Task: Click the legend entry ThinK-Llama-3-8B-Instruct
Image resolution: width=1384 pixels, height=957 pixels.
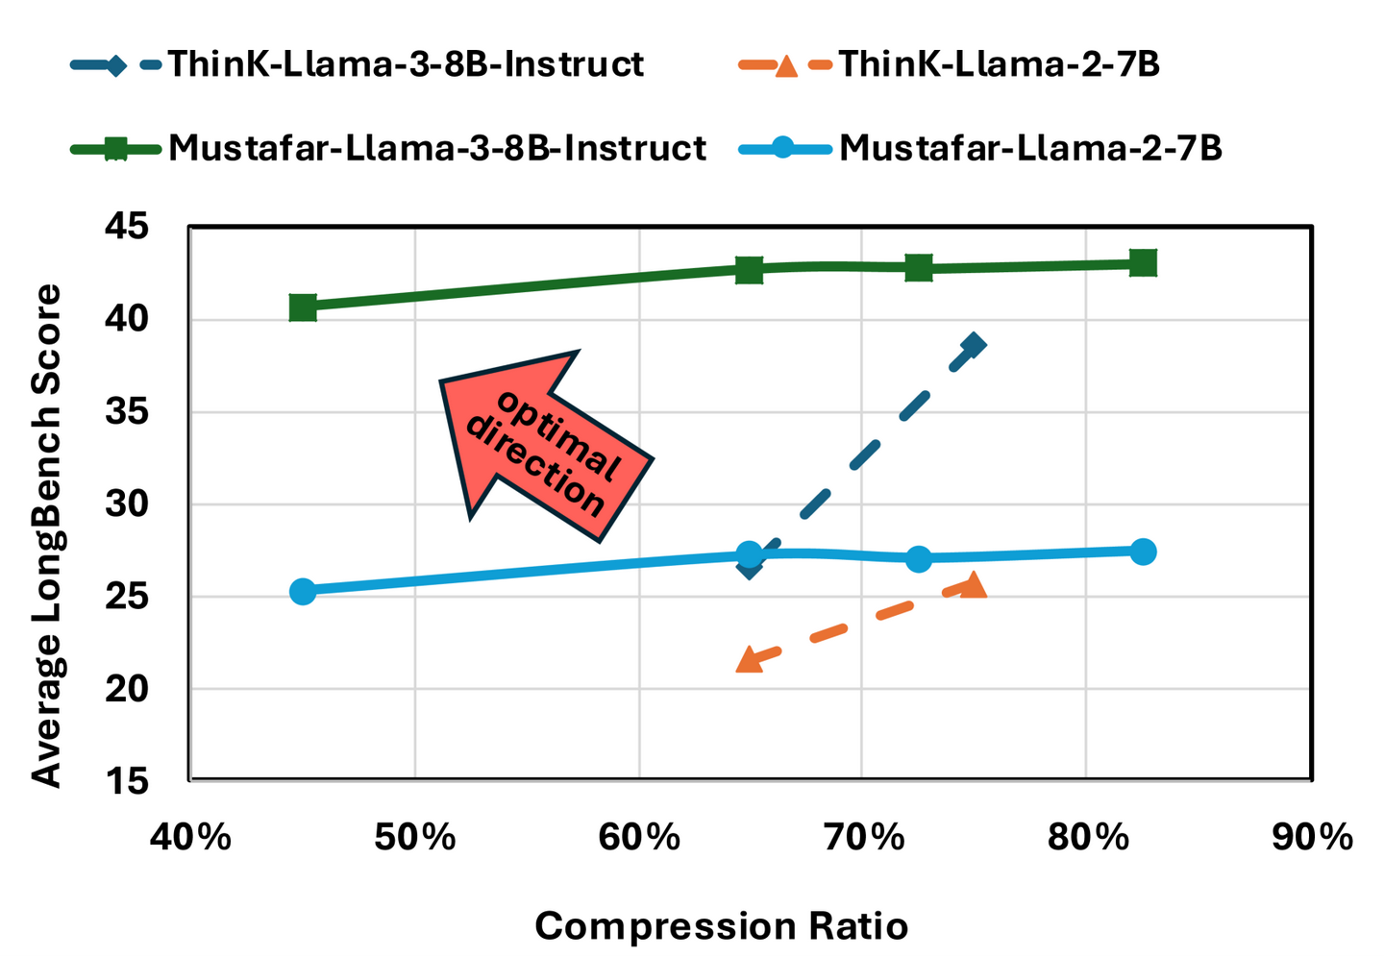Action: [x=405, y=64]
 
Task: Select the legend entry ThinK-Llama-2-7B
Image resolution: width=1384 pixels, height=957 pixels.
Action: [x=999, y=64]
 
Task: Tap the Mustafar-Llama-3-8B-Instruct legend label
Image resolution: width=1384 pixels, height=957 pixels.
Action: [x=436, y=148]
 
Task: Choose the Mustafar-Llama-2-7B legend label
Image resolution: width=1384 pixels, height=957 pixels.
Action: [x=1030, y=148]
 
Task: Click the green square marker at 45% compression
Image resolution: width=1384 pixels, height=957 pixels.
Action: [x=303, y=307]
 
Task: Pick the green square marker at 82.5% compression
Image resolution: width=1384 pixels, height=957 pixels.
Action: [x=1143, y=262]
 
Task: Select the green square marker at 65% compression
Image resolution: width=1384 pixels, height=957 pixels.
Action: [x=750, y=270]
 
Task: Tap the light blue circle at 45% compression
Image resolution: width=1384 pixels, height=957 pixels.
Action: [x=303, y=591]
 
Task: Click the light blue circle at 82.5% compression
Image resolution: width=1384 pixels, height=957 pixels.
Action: [x=1143, y=552]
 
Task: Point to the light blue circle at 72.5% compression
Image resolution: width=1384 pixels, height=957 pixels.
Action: [x=919, y=558]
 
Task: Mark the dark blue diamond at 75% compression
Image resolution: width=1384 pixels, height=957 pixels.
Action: [x=974, y=346]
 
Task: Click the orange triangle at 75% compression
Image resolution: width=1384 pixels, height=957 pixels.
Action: [x=974, y=585]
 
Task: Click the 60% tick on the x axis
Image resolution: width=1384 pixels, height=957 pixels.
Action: [x=639, y=837]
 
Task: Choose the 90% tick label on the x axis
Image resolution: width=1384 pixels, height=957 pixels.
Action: [x=1311, y=837]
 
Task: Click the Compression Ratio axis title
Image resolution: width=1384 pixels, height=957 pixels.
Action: [x=721, y=926]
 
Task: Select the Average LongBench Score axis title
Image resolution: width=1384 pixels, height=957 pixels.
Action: [x=46, y=535]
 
